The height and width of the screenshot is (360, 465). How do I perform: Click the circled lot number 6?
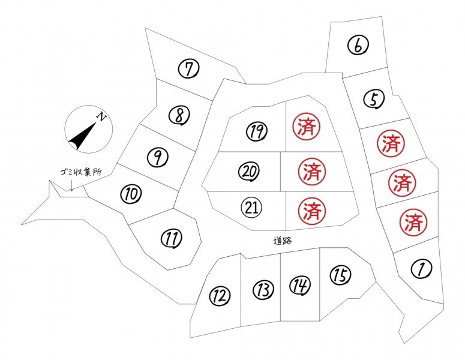tap(358, 46)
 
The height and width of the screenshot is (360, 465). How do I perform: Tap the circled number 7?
tap(188, 68)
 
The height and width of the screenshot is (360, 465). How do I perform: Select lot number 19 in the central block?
tap(257, 131)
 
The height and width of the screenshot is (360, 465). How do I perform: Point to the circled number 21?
tap(252, 207)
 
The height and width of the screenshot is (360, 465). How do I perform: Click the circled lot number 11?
tap(172, 238)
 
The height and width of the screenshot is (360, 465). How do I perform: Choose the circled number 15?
tap(340, 275)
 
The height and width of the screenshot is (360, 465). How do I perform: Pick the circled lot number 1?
tap(421, 269)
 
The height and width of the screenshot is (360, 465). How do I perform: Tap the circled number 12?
tap(220, 295)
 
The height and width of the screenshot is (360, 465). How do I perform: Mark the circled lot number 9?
tap(157, 157)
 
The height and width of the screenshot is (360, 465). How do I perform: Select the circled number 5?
tap(374, 99)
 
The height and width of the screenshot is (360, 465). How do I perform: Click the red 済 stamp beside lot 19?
tap(307, 127)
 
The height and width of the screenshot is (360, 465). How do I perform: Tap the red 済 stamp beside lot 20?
tap(311, 172)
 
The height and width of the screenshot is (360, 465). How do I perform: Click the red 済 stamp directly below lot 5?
tap(391, 144)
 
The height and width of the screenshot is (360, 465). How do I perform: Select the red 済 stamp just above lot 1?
tap(413, 222)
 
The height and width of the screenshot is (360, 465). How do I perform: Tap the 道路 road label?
tap(283, 241)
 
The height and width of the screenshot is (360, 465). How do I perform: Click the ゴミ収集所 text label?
tap(80, 172)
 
